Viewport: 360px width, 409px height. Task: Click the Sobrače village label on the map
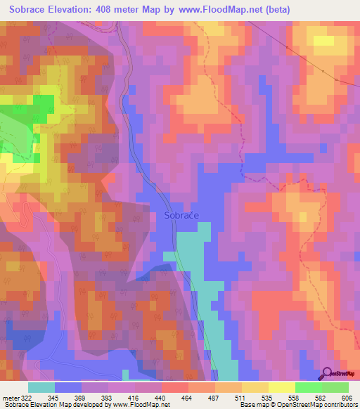(181, 216)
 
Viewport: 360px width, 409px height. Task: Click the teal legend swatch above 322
(41, 387)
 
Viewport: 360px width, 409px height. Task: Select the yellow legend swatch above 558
(281, 387)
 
